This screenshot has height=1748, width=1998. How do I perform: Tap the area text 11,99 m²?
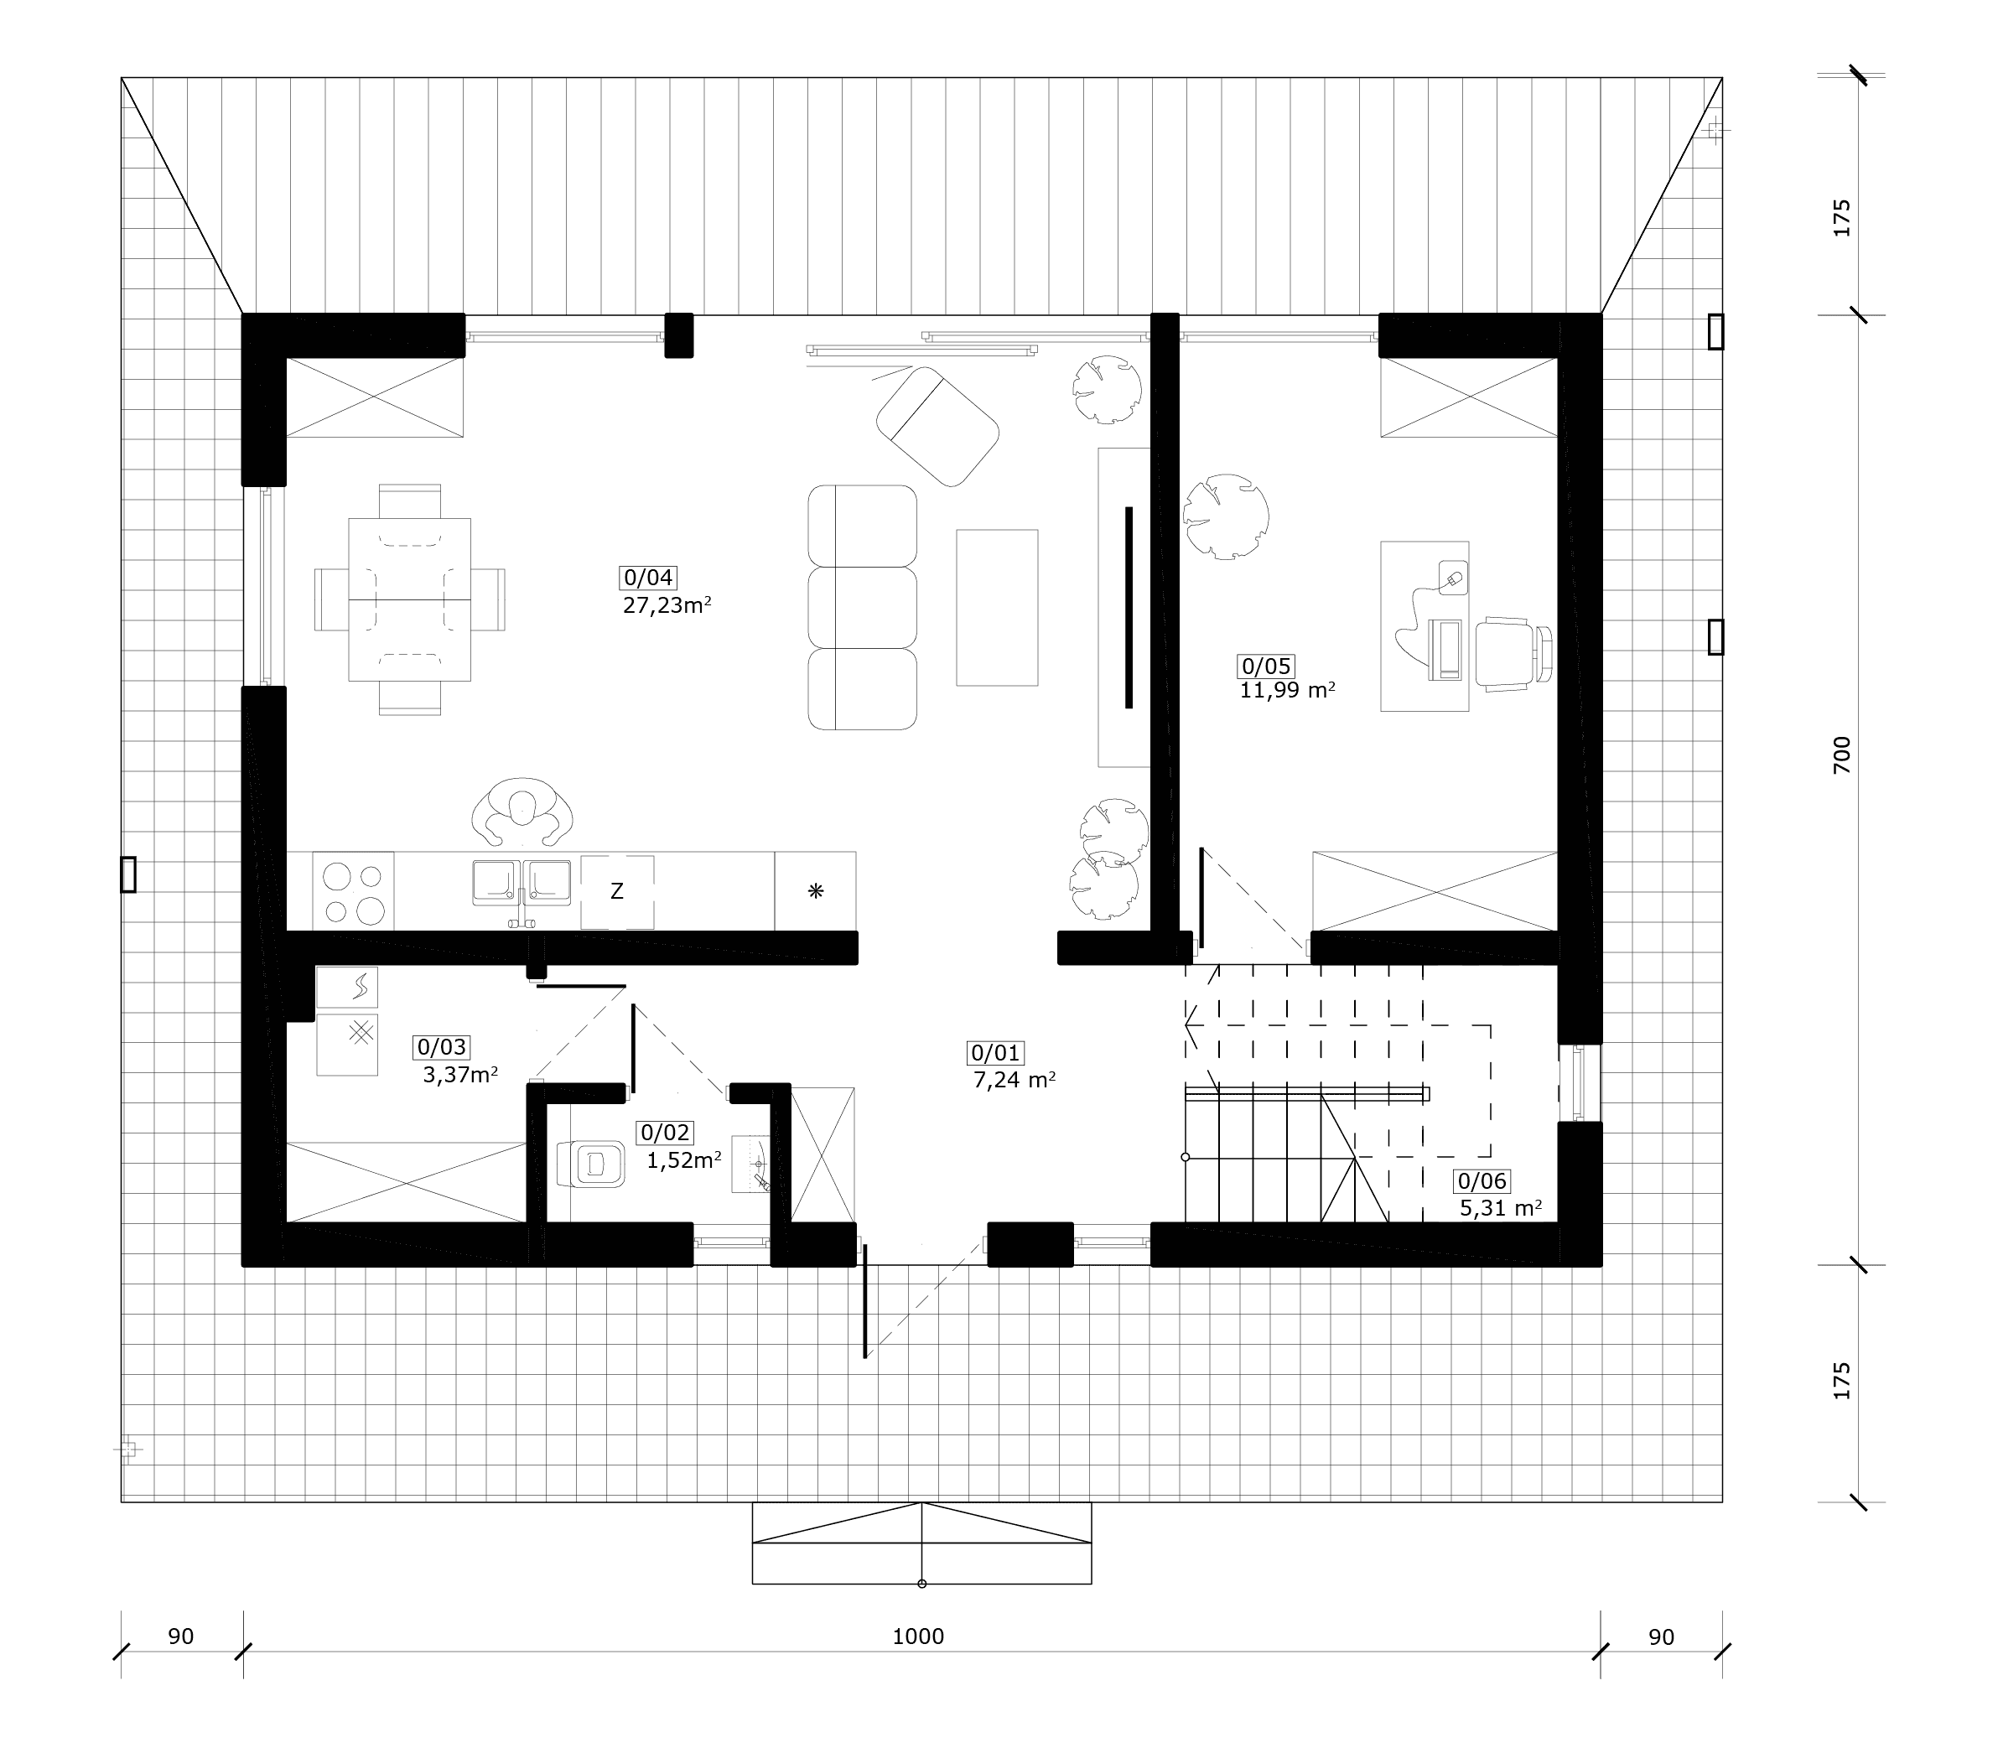(1287, 691)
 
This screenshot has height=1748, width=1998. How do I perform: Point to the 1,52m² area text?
(684, 1161)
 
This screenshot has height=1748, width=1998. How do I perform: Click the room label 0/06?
(1482, 1181)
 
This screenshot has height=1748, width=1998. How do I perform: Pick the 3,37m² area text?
(460, 1075)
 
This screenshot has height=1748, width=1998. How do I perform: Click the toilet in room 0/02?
(590, 1163)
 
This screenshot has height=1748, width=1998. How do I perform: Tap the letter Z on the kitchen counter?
(616, 890)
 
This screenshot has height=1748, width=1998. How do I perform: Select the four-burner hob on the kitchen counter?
(354, 890)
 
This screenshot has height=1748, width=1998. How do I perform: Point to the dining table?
(410, 599)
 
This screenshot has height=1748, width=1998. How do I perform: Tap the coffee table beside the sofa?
(996, 608)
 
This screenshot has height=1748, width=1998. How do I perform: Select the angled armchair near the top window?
(937, 425)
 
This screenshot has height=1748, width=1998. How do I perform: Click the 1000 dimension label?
(918, 1636)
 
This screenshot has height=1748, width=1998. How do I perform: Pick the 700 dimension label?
(1841, 755)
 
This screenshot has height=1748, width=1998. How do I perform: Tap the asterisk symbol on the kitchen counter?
(816, 890)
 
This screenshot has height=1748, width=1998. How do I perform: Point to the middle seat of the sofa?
(863, 608)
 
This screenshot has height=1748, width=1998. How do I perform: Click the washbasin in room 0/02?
(752, 1163)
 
